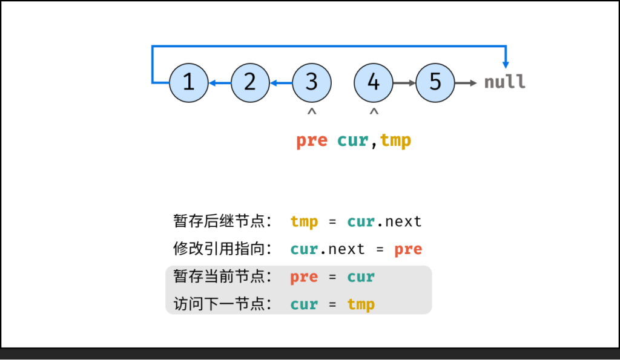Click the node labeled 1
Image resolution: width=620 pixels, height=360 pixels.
[188, 82]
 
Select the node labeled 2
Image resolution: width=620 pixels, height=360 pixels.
[250, 82]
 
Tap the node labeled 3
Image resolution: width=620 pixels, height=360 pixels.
[312, 82]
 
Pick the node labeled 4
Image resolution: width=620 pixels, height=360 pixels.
[374, 82]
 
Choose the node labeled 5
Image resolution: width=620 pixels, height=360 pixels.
[435, 82]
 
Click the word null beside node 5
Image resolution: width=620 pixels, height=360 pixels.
[504, 82]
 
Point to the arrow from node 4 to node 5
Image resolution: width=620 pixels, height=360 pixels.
[404, 82]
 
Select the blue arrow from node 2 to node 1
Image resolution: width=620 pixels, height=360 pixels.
[219, 82]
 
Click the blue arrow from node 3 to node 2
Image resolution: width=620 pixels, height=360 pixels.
[281, 82]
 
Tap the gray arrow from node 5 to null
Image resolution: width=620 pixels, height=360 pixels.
[466, 82]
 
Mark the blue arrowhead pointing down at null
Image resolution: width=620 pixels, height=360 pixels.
[506, 64]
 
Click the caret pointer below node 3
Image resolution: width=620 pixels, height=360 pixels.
[312, 112]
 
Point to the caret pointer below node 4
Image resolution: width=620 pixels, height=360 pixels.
[374, 112]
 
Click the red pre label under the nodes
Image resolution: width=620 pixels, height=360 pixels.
[311, 141]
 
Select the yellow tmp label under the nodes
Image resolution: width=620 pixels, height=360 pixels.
[395, 141]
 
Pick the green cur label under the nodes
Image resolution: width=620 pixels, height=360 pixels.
[352, 141]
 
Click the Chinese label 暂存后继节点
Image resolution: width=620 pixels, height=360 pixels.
[222, 221]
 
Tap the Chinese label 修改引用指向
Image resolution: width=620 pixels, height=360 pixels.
[222, 249]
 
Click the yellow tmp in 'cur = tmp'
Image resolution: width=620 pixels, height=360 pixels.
[361, 304]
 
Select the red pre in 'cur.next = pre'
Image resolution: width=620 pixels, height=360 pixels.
[408, 249]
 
